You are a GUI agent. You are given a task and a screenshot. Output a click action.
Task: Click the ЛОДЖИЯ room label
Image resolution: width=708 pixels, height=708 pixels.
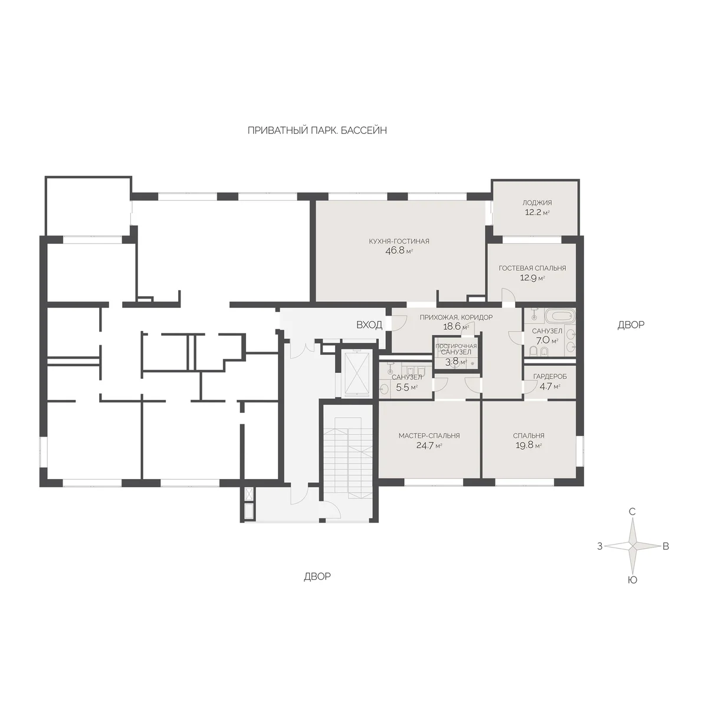(x=537, y=202)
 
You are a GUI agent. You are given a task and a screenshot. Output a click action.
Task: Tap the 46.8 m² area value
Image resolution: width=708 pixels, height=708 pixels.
(x=399, y=251)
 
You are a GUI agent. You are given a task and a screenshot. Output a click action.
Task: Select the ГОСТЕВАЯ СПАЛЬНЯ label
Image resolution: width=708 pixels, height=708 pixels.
(x=532, y=268)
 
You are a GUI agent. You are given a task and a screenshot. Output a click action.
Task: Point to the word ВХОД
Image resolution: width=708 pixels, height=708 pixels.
(x=369, y=324)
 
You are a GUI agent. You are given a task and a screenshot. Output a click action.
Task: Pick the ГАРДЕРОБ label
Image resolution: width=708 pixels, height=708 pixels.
(x=550, y=376)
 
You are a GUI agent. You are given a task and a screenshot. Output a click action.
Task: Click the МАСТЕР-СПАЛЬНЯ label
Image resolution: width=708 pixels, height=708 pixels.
(x=429, y=436)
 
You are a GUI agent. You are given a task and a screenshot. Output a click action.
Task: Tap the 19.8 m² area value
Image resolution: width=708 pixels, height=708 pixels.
(x=528, y=445)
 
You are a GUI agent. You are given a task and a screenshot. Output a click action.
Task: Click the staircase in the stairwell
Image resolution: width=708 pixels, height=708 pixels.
(x=349, y=458)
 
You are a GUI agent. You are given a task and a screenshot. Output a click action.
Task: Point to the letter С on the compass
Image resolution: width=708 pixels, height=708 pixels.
(x=632, y=512)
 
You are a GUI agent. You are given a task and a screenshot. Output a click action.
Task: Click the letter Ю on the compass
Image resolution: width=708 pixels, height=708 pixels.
(x=632, y=580)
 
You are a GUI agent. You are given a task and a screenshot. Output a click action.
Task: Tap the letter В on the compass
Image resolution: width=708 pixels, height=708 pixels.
(x=666, y=546)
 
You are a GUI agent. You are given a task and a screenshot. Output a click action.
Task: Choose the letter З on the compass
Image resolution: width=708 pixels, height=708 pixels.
(x=599, y=546)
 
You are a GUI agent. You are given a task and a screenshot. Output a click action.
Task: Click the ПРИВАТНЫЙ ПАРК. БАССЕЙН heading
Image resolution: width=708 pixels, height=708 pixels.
(x=317, y=130)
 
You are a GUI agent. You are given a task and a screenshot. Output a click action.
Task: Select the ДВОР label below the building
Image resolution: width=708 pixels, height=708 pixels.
(x=317, y=576)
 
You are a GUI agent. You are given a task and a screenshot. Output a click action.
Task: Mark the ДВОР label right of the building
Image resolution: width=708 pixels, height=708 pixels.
(x=631, y=324)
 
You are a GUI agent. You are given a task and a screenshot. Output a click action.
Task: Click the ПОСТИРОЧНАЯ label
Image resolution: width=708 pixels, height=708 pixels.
(x=456, y=346)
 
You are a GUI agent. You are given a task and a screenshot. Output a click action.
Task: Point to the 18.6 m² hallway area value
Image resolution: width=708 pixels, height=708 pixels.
(x=455, y=327)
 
